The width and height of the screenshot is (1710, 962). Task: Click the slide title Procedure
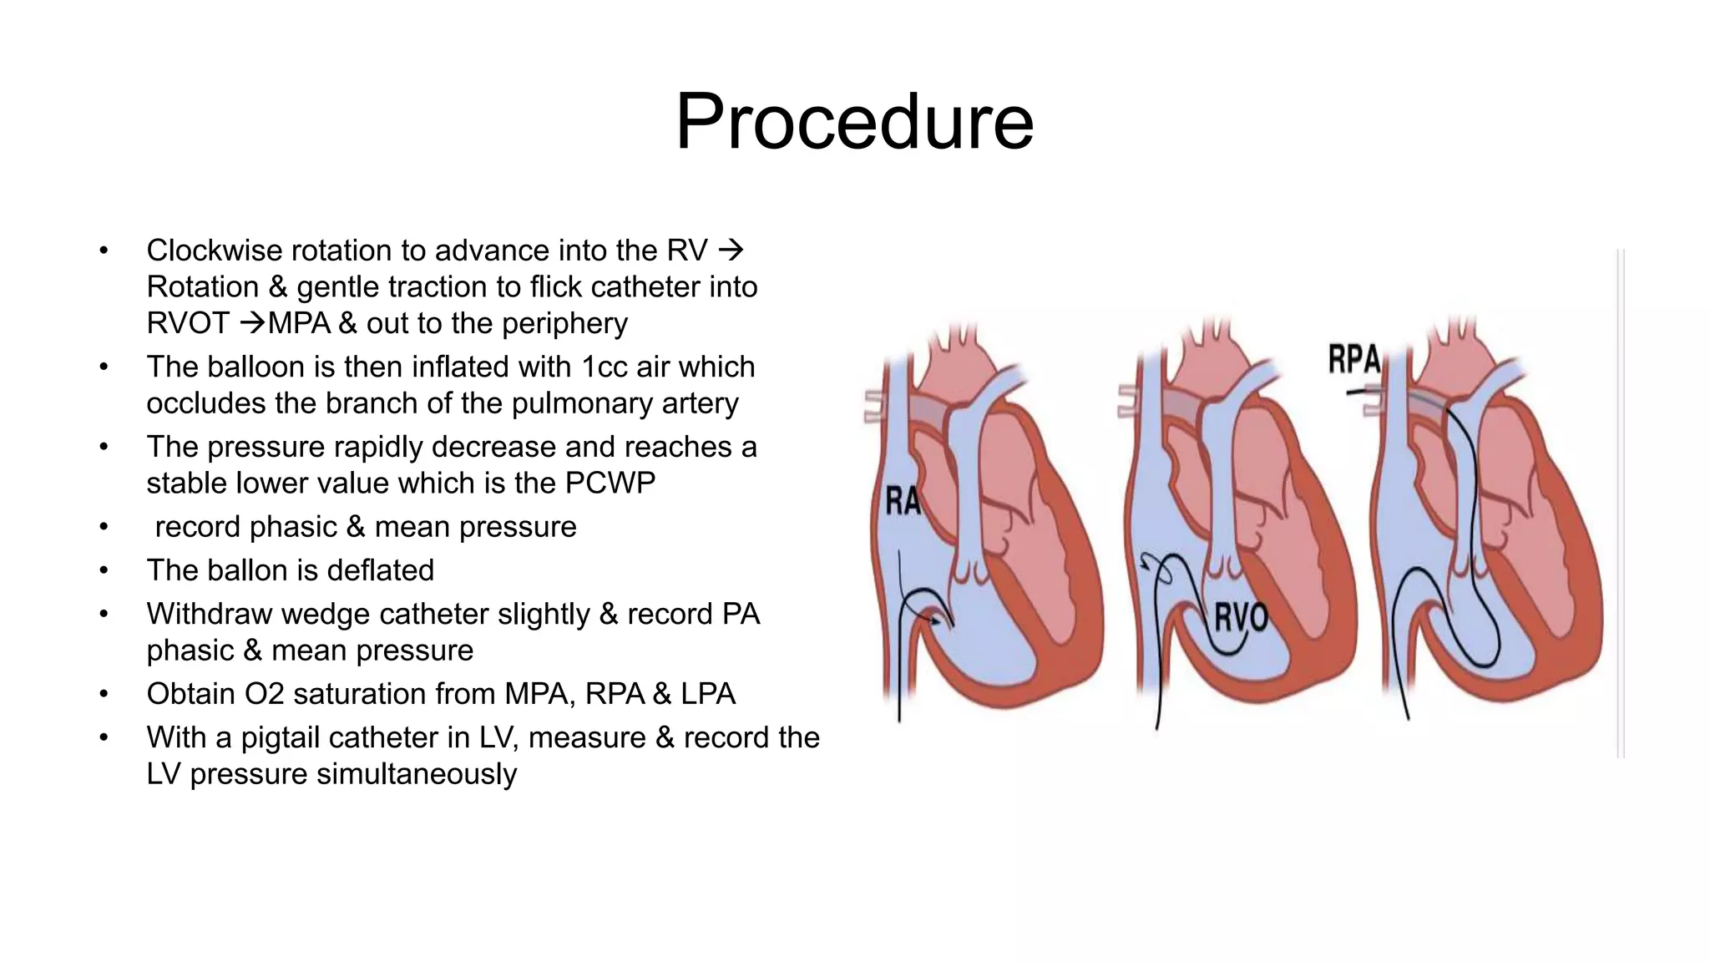pos(854,122)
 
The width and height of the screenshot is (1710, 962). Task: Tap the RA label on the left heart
pos(903,502)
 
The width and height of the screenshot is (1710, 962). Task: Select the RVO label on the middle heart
pos(1241,618)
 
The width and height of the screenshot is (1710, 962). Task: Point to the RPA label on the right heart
pos(1353,359)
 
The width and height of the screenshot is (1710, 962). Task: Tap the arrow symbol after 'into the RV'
pos(731,250)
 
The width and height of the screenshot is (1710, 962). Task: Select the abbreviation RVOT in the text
pos(187,323)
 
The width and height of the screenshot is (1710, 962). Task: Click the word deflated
pos(380,570)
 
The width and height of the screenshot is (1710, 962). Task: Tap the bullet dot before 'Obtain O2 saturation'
pos(104,694)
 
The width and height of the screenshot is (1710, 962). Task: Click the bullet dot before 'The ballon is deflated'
pos(104,570)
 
